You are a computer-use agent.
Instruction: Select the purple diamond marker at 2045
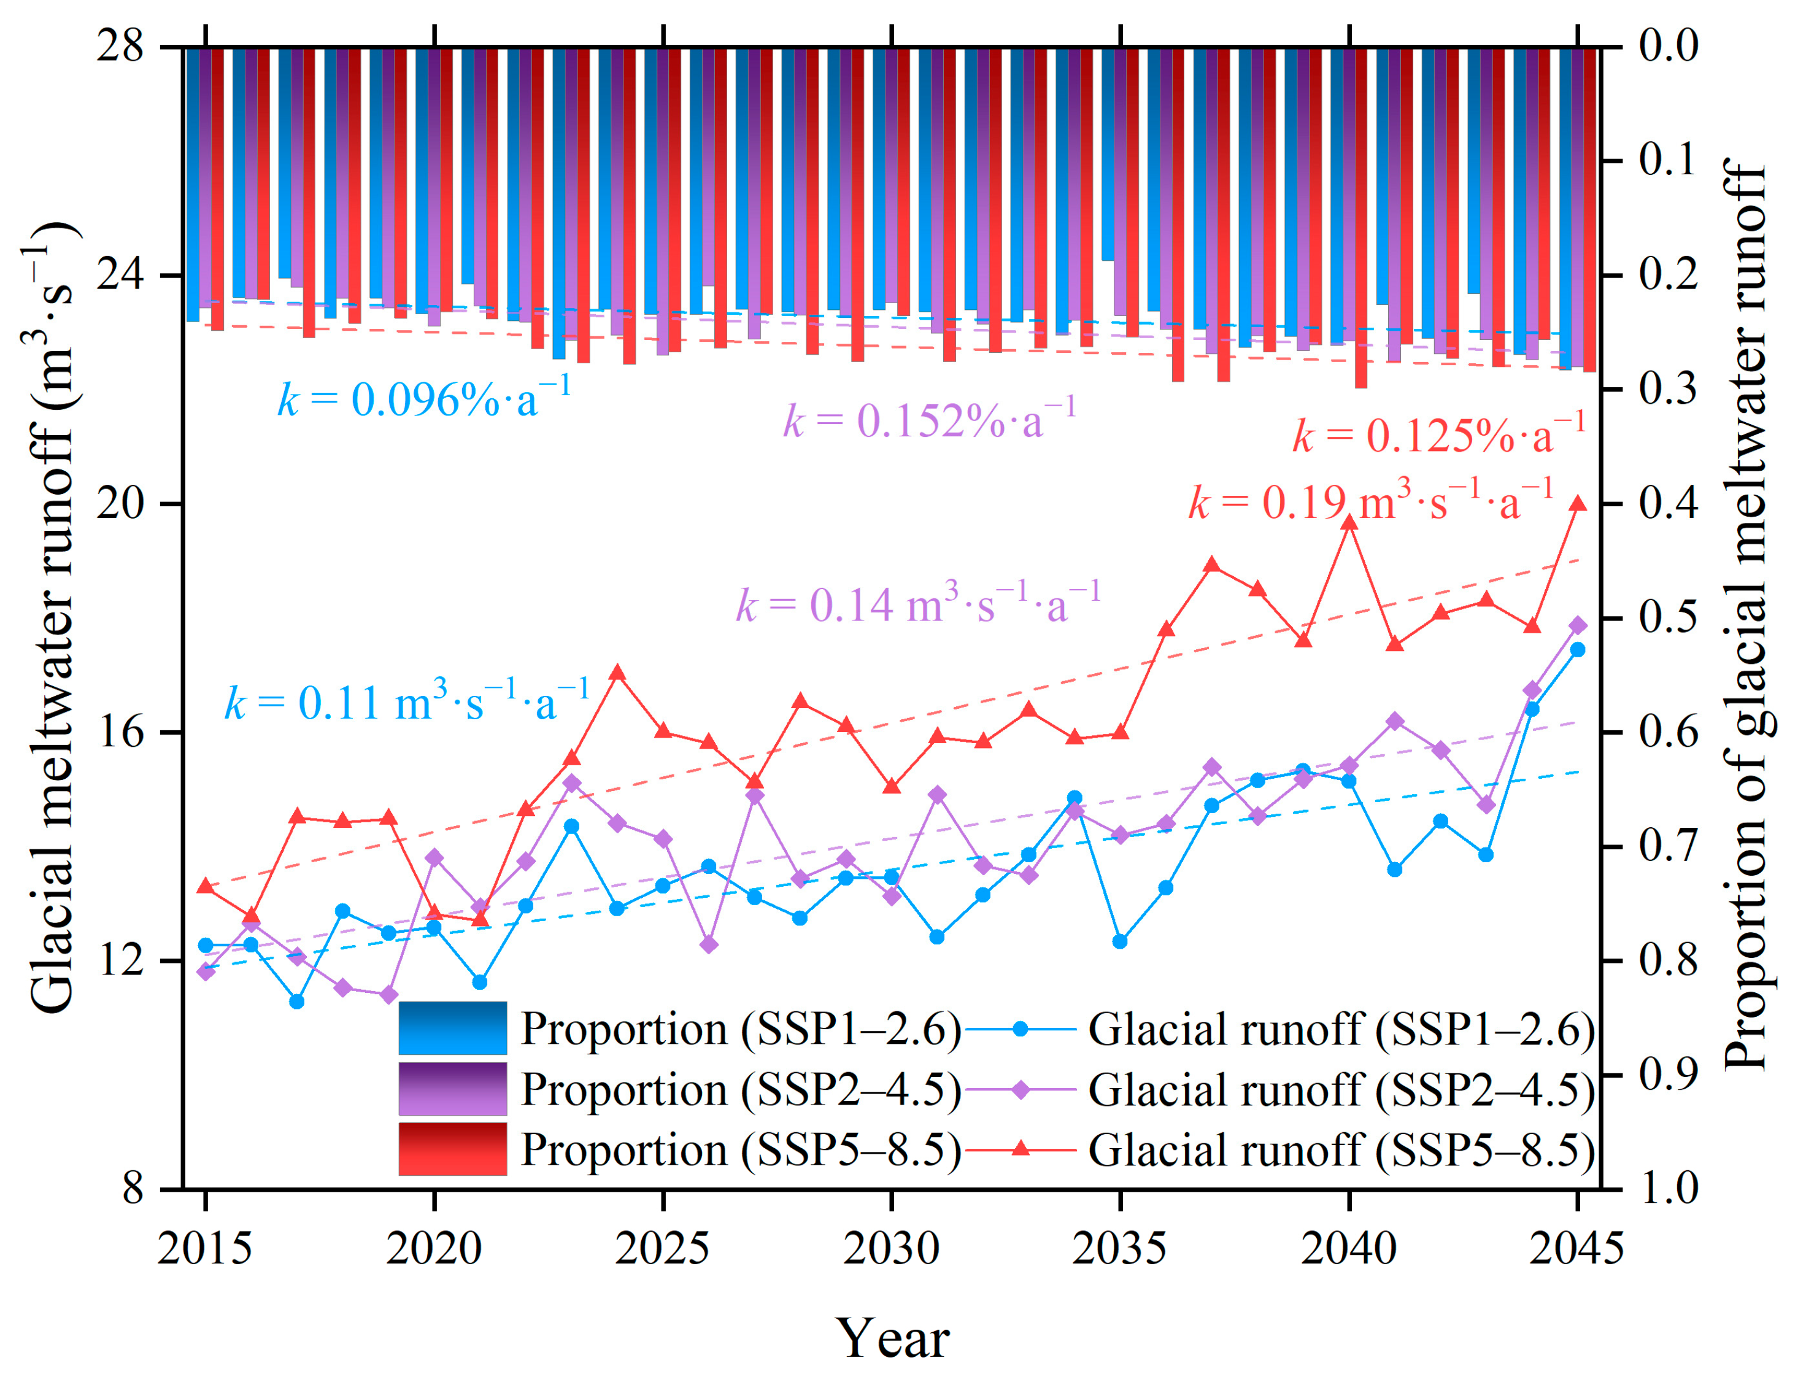coord(1578,626)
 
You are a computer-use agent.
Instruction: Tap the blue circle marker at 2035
coord(1119,941)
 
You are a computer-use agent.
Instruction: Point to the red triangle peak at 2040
coord(1349,522)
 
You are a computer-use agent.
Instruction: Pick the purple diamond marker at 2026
coord(709,944)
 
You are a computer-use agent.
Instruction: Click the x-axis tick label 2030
coord(891,1249)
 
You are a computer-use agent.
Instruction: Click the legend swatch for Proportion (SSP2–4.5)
coord(452,1088)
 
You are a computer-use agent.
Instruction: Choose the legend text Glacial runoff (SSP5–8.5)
coord(1341,1150)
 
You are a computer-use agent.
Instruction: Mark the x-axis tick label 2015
coord(205,1249)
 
